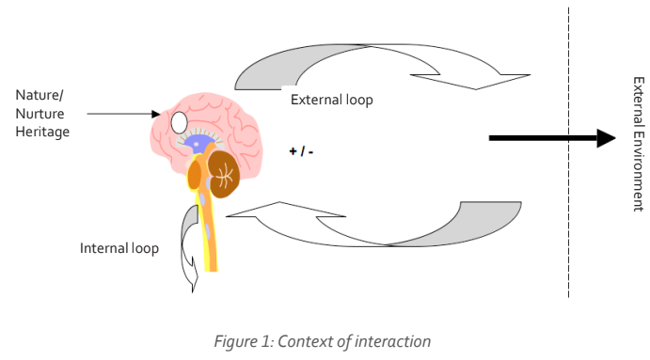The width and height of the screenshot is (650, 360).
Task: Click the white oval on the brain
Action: [x=179, y=121]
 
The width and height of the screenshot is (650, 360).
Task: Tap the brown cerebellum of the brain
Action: [x=225, y=174]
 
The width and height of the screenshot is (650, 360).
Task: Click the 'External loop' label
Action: [x=332, y=100]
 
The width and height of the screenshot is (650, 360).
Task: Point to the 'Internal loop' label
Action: [x=119, y=249]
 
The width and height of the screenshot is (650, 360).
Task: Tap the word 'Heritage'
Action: [x=42, y=132]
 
